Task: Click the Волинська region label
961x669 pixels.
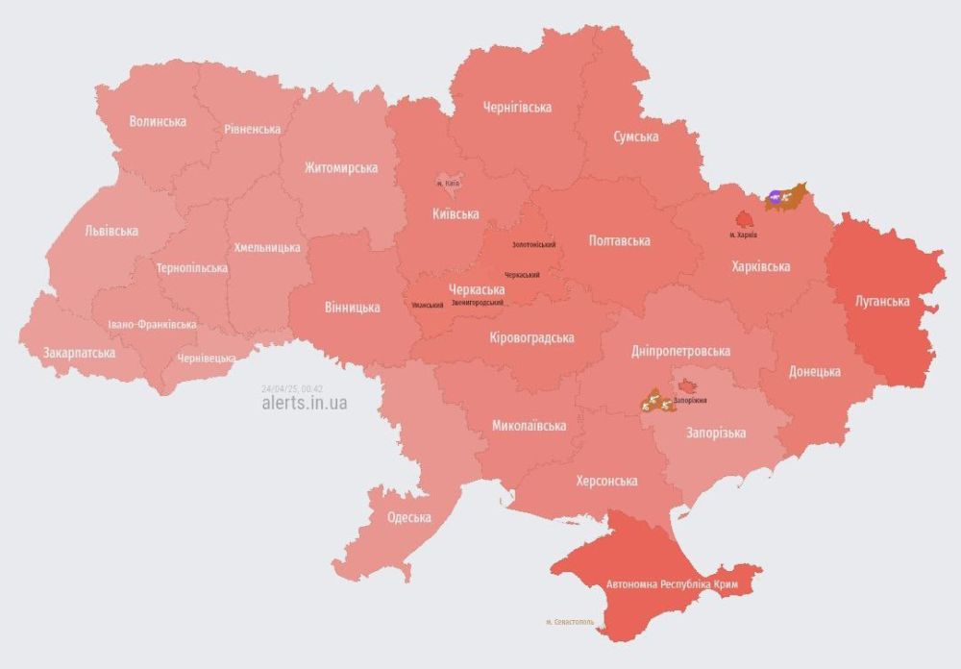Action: point(158,122)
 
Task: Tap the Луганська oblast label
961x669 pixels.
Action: point(882,301)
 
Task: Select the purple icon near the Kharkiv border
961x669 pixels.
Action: point(775,197)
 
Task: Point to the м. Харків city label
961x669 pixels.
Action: point(743,234)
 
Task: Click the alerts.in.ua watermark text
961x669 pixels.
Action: point(304,404)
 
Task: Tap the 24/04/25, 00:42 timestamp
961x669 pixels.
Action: point(291,388)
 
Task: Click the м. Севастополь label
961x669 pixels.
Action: point(570,622)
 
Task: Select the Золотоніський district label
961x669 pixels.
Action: point(534,245)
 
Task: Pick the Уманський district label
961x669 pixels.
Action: point(427,305)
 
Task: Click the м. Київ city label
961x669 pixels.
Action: point(448,183)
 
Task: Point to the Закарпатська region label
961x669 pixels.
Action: point(79,353)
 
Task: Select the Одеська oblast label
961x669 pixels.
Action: point(408,517)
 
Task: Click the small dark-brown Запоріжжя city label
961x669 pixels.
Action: point(690,399)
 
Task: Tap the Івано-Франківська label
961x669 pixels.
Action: point(152,325)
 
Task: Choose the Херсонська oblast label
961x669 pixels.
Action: point(606,481)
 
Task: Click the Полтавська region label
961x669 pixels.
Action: point(619,240)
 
